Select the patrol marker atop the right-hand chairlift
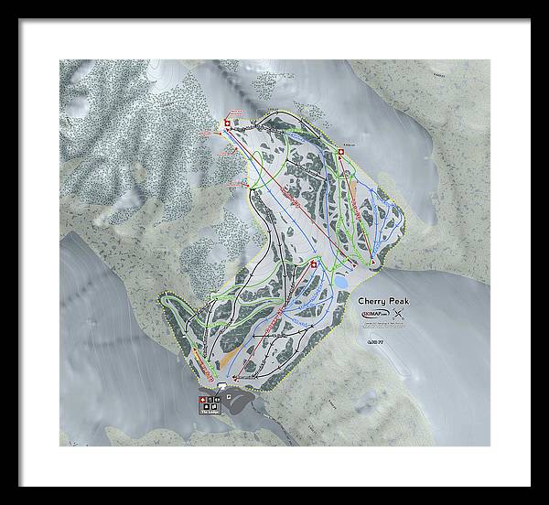[x=340, y=152]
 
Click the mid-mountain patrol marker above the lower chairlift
[x=314, y=265]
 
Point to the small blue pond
[x=339, y=283]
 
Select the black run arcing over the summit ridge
[x=284, y=114]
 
